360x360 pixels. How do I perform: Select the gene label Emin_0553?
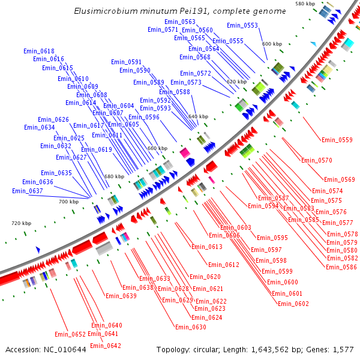tap(242, 25)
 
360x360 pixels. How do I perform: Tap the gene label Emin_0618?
tap(39, 51)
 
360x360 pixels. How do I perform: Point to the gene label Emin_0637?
tap(28, 191)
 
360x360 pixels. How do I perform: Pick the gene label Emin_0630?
tap(191, 327)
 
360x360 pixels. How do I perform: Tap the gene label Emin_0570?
tap(317, 160)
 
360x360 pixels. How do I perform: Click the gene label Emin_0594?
tap(263, 206)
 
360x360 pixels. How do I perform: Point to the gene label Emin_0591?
tap(127, 62)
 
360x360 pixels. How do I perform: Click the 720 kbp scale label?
tap(20, 223)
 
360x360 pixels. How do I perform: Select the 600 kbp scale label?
tap(272, 44)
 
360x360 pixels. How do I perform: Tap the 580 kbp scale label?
tap(305, 4)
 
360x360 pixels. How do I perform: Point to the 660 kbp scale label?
tap(157, 148)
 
